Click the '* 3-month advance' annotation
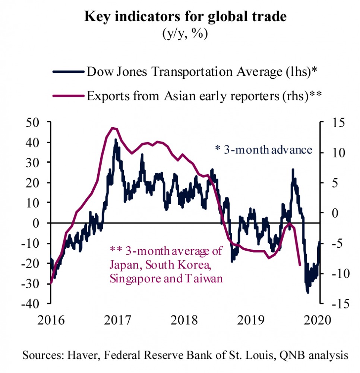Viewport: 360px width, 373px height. (263, 150)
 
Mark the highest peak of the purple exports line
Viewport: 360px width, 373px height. (113, 128)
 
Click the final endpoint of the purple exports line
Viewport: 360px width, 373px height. (300, 265)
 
